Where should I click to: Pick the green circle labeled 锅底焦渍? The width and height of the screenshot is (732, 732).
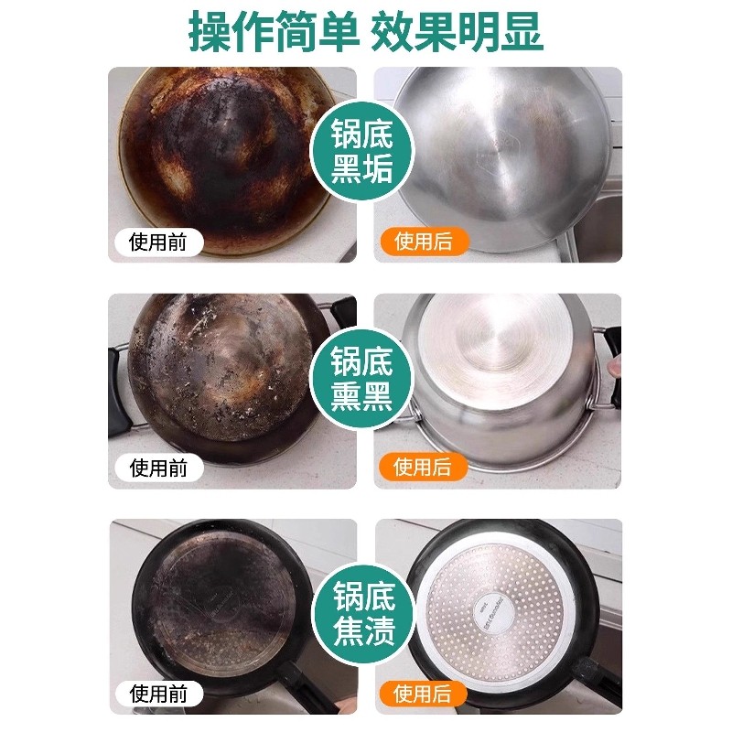pyautogui.click(x=363, y=610)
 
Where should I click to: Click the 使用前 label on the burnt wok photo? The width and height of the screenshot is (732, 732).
pyautogui.click(x=158, y=242)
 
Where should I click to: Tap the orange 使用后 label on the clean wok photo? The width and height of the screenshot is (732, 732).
pyautogui.click(x=424, y=242)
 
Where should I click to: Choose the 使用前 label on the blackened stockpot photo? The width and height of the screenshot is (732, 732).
pyautogui.click(x=158, y=468)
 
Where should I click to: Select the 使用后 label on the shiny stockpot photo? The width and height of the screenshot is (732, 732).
pyautogui.click(x=424, y=468)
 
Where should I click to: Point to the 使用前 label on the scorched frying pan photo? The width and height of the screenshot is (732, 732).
pyautogui.click(x=158, y=694)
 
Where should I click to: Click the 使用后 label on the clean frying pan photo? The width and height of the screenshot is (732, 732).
pyautogui.click(x=424, y=694)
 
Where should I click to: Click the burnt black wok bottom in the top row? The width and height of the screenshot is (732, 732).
pyautogui.click(x=220, y=156)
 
